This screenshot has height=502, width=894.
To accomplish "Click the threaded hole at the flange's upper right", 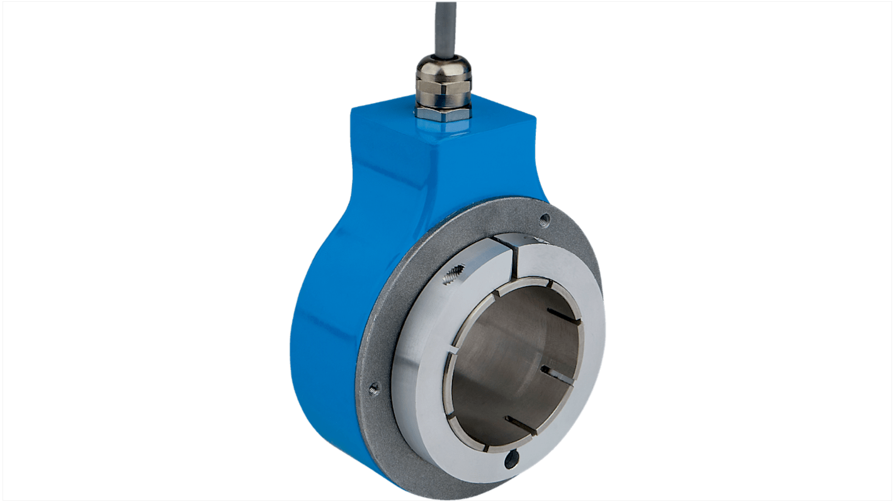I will tap(545, 219).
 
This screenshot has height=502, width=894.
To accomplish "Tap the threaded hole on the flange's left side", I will tap(373, 388).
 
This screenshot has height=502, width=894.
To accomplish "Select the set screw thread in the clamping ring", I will tap(453, 275).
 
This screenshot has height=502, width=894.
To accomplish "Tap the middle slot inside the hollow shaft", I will tap(557, 374).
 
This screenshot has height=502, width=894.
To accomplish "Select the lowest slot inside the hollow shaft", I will tap(521, 425).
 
